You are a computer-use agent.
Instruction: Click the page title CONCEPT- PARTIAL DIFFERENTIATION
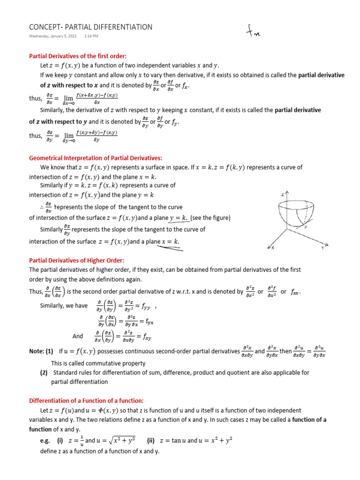tap(90, 27)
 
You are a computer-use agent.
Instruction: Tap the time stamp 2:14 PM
tap(91, 36)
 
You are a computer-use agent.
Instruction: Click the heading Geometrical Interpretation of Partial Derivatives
tap(96, 158)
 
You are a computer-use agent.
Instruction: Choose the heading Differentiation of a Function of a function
tap(86, 400)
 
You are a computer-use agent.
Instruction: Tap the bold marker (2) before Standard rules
tap(44, 373)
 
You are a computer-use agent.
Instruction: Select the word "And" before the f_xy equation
tap(77, 336)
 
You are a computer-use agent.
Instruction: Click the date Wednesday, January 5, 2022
tap(52, 36)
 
